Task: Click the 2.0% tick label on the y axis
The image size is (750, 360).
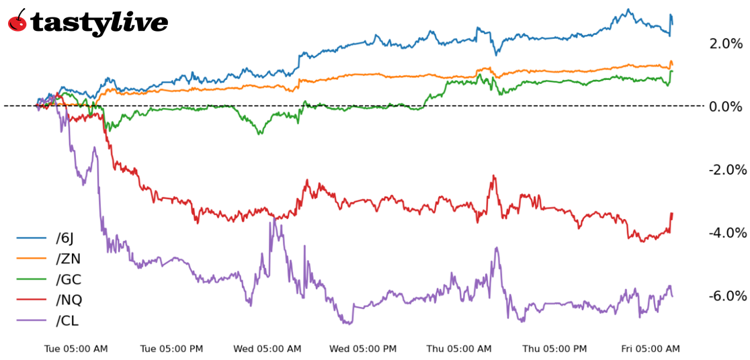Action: [x=726, y=44]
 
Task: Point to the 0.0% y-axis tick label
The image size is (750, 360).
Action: [x=726, y=107]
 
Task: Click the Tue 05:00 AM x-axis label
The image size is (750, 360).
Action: [x=76, y=349]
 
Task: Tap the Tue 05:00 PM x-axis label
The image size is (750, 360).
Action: [x=171, y=349]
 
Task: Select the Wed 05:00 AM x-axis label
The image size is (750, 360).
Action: [x=267, y=349]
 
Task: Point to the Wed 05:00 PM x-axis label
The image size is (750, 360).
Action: [x=363, y=349]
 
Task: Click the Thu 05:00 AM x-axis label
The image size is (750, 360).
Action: [x=459, y=349]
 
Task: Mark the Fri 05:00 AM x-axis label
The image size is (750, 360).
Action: [x=651, y=349]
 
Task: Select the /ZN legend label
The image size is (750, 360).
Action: [x=69, y=259]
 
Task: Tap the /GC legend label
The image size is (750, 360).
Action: [x=69, y=279]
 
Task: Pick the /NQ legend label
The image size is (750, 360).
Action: [x=69, y=300]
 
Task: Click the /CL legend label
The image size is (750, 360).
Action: [x=68, y=320]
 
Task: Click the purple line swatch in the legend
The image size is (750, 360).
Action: [x=31, y=320]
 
